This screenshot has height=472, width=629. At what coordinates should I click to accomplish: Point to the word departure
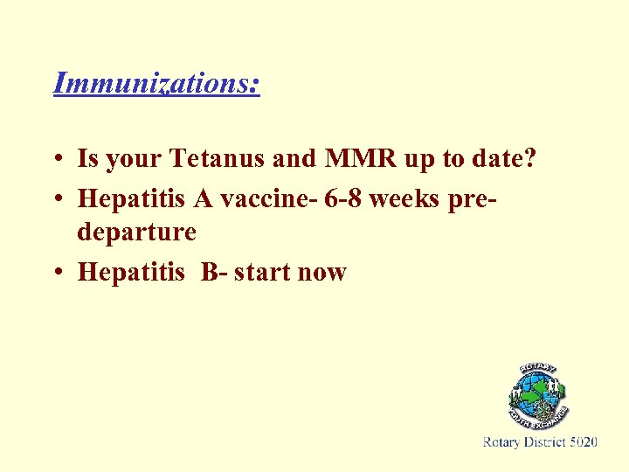click(x=137, y=233)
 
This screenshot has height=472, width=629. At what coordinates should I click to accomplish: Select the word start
click(x=262, y=272)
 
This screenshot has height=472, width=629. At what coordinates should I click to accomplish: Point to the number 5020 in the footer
click(x=583, y=442)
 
